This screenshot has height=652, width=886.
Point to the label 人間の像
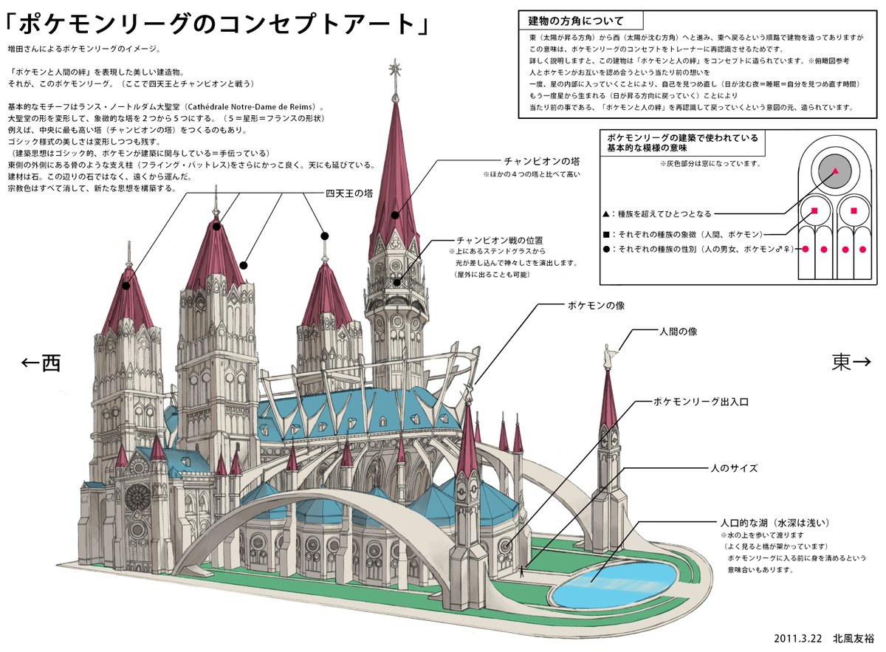(x=678, y=332)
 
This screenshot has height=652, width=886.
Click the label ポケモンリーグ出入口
(x=701, y=402)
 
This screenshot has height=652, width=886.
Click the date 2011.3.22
(x=800, y=637)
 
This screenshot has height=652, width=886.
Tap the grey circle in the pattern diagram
(x=835, y=171)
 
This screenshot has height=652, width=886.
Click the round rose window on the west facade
(x=137, y=498)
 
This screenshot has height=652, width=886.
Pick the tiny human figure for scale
(x=523, y=571)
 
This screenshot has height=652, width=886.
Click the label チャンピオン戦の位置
(x=499, y=240)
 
